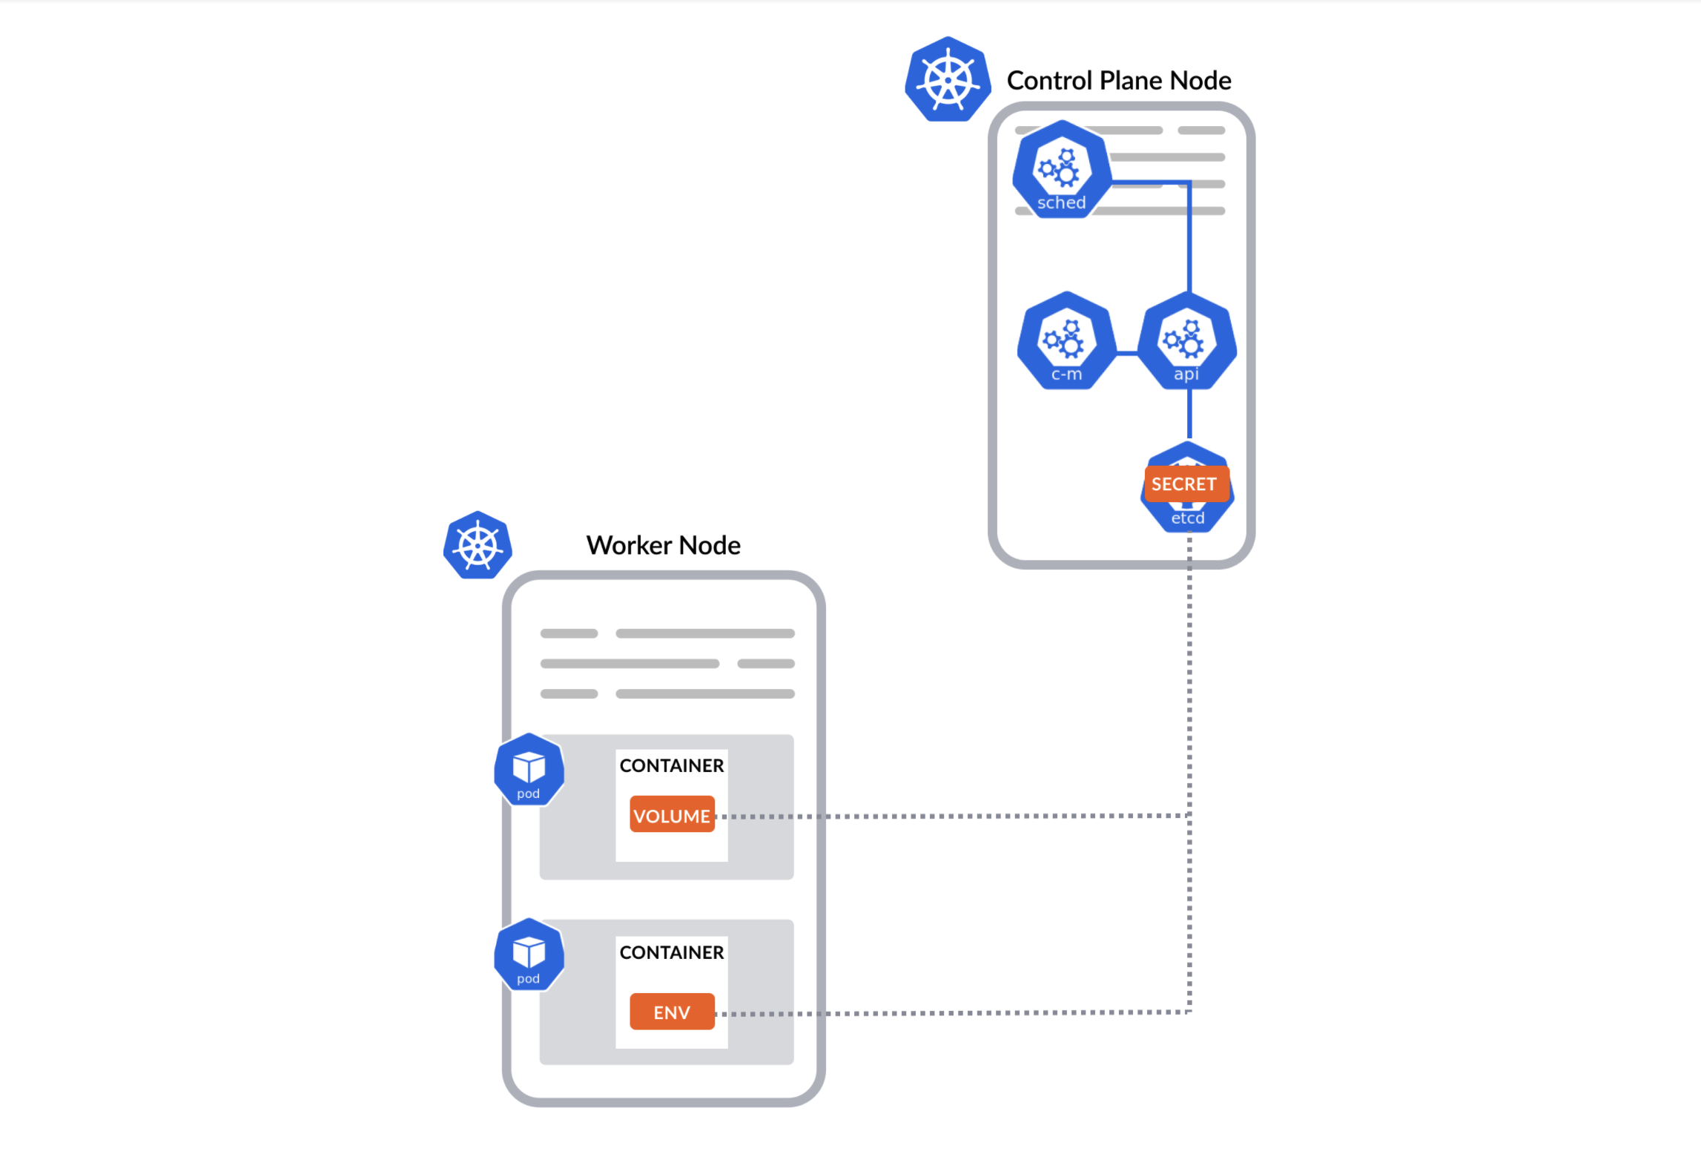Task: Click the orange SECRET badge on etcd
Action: (1186, 484)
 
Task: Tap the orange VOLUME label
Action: (672, 815)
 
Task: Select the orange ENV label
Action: (672, 1012)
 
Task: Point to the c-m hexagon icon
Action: (1066, 342)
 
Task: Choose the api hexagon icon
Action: (1186, 342)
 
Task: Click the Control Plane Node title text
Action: (1118, 80)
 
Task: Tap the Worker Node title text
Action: (663, 545)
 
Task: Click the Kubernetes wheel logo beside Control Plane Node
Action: (948, 79)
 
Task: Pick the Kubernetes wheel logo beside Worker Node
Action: (478, 545)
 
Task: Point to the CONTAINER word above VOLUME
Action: (671, 765)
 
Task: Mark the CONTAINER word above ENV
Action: (671, 952)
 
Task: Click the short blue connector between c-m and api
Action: (1126, 354)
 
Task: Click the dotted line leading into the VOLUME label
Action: (949, 816)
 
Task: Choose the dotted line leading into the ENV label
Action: (949, 1012)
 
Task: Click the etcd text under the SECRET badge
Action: (1187, 518)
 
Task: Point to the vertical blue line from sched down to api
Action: (1189, 237)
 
